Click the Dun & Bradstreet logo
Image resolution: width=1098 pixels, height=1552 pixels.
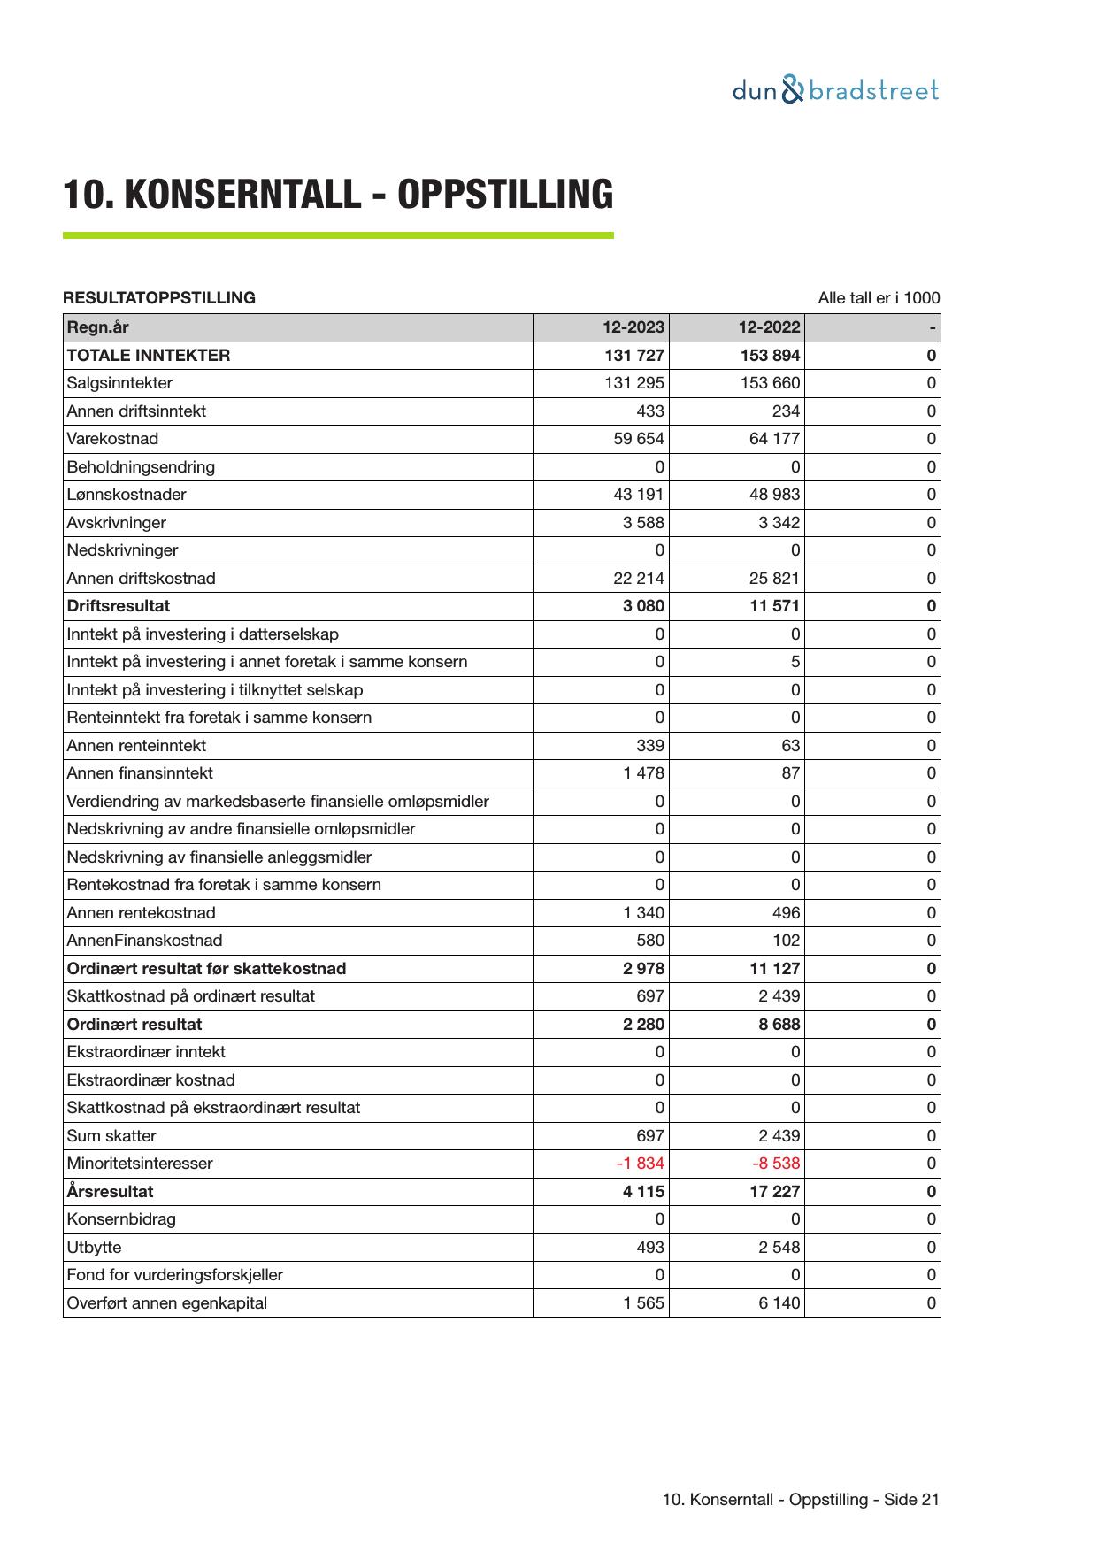pyautogui.click(x=834, y=90)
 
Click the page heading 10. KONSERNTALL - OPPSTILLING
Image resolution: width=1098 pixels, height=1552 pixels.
pyautogui.click(x=338, y=195)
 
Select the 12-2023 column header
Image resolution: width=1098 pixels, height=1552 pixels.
pyautogui.click(x=633, y=327)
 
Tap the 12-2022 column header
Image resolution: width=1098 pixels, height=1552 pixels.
pyautogui.click(x=769, y=327)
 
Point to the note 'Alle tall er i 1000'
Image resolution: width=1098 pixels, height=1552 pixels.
pyautogui.click(x=879, y=298)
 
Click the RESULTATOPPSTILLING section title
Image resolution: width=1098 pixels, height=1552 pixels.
pyautogui.click(x=159, y=298)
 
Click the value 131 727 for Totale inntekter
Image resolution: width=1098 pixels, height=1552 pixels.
pyautogui.click(x=633, y=356)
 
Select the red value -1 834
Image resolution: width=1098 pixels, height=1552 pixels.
pyautogui.click(x=640, y=1164)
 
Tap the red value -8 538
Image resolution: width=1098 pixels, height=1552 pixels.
pyautogui.click(x=776, y=1164)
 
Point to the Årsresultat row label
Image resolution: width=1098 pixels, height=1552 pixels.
pyautogui.click(x=110, y=1192)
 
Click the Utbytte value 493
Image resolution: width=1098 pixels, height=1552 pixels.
pyautogui.click(x=650, y=1248)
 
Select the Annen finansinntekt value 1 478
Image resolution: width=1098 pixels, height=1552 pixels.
pyautogui.click(x=643, y=773)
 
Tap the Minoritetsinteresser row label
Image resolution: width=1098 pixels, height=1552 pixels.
pyautogui.click(x=140, y=1164)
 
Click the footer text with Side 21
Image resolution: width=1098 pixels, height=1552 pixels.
pyautogui.click(x=800, y=1500)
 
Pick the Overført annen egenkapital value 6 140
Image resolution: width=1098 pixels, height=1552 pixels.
pyautogui.click(x=779, y=1303)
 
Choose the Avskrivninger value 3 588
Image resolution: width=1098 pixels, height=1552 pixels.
pyautogui.click(x=643, y=523)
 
